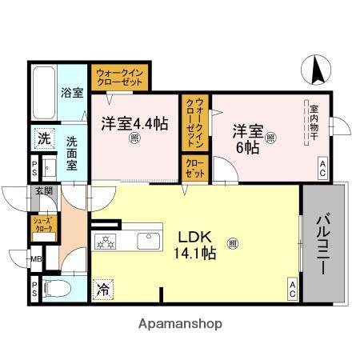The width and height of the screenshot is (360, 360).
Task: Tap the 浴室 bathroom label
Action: click(x=73, y=92)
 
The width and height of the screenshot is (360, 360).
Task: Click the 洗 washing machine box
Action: click(x=43, y=138)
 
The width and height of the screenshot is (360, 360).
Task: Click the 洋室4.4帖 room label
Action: click(x=134, y=124)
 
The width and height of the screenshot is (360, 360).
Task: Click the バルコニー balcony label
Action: click(x=322, y=245)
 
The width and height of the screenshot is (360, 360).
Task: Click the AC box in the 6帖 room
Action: click(x=322, y=166)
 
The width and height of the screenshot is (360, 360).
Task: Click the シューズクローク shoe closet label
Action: click(x=42, y=225)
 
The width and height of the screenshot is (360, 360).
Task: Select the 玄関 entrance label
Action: click(x=43, y=191)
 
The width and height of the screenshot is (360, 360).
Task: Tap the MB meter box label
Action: click(x=36, y=259)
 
